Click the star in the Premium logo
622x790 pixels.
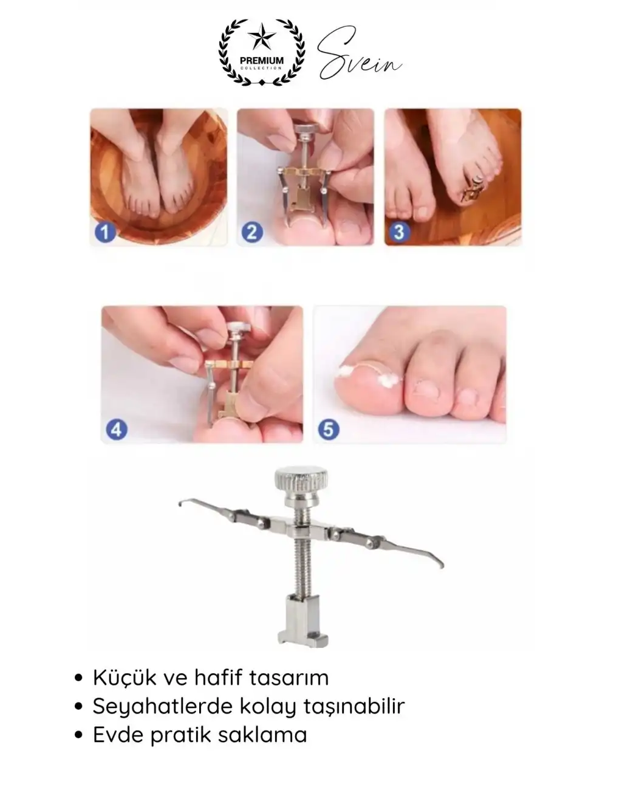point(262,36)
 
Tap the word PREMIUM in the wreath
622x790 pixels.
point(262,61)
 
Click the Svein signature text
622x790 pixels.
point(359,53)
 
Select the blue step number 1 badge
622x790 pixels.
point(105,232)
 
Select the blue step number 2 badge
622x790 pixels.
point(252,232)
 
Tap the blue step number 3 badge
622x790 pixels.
point(400,232)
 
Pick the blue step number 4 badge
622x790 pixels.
point(117,429)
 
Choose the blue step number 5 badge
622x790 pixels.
point(329,429)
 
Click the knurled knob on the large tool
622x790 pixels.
point(301,480)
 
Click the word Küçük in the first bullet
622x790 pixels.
point(125,678)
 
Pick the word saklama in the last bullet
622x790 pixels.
point(262,736)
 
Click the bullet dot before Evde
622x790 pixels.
point(78,736)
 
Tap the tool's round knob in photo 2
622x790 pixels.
point(307,129)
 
